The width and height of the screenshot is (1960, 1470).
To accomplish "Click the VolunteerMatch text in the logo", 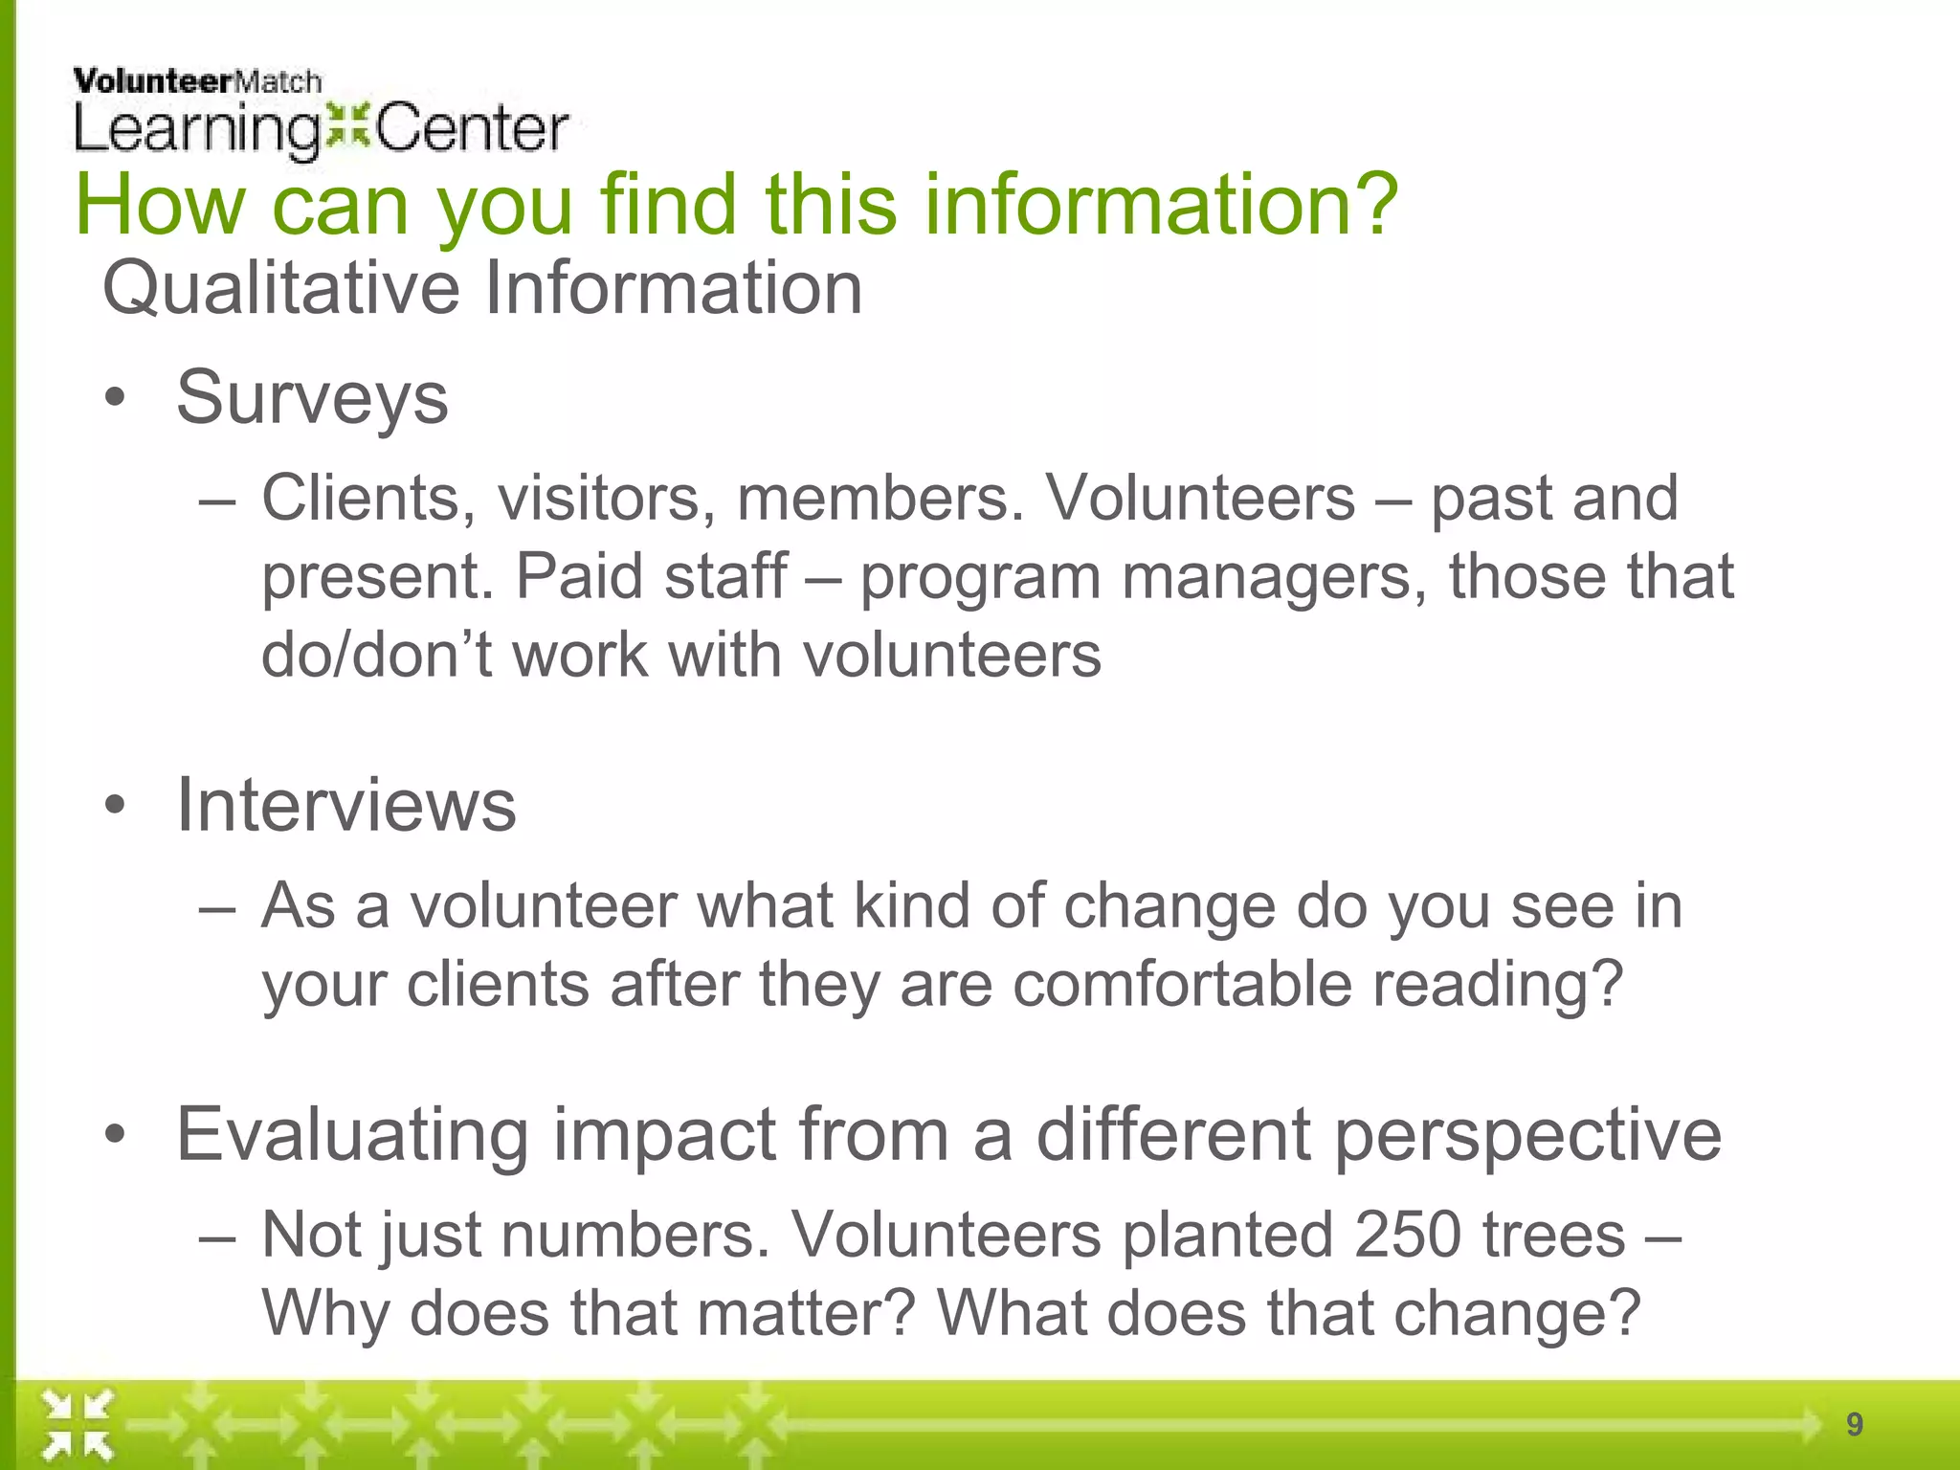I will (197, 81).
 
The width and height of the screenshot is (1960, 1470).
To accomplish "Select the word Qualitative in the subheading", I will (280, 288).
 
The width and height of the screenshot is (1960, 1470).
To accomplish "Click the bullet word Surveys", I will (312, 398).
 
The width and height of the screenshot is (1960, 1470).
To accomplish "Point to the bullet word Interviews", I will (345, 805).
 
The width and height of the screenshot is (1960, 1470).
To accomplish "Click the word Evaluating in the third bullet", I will (352, 1135).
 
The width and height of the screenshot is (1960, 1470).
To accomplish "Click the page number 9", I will (1854, 1424).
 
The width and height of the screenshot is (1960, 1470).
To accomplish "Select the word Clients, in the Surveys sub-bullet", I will (368, 500).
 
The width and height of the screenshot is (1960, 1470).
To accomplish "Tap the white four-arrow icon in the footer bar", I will (78, 1426).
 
